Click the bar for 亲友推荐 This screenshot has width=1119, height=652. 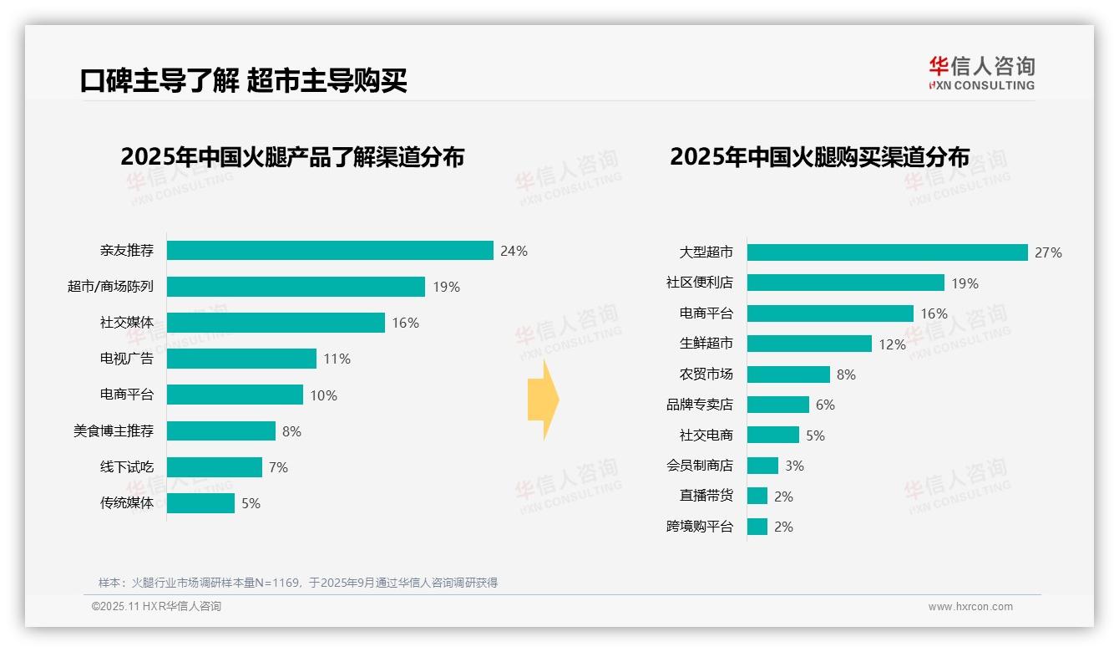click(x=330, y=251)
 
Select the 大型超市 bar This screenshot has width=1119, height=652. click(x=887, y=252)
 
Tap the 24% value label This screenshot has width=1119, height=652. click(x=514, y=251)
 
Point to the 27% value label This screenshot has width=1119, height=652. click(x=1048, y=252)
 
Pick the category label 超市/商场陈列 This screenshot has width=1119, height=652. click(x=110, y=287)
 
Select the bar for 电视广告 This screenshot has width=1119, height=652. click(x=241, y=359)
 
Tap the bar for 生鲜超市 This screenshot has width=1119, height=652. click(x=809, y=344)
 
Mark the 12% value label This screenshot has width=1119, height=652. click(x=892, y=344)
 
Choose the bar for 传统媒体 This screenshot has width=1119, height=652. click(x=200, y=503)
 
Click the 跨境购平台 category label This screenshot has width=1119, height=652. click(x=699, y=527)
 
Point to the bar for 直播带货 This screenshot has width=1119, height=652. click(x=757, y=496)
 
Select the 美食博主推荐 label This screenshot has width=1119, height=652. click(x=114, y=431)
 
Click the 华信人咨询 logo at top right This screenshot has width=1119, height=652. click(x=981, y=73)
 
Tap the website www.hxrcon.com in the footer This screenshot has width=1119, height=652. click(x=970, y=607)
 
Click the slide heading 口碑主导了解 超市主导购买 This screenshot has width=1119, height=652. click(x=243, y=81)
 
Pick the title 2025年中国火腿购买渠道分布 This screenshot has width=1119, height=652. click(x=819, y=157)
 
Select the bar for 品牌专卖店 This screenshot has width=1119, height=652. click(x=778, y=405)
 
